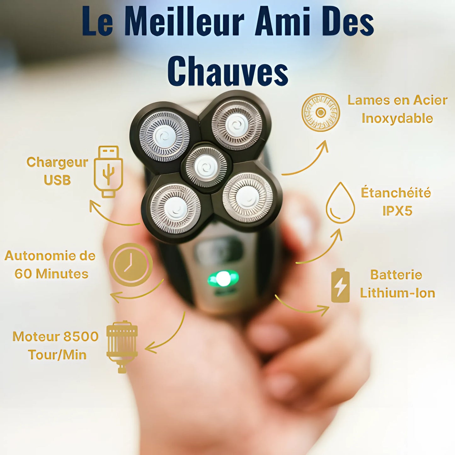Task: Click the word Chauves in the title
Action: pos(228,71)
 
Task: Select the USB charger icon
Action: pos(108,172)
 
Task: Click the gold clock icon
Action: pos(131,264)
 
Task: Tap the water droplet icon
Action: pos(340,203)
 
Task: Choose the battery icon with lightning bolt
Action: pos(340,285)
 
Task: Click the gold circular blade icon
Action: pos(321,112)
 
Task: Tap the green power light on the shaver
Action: pos(223,279)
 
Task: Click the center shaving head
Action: pos(206,167)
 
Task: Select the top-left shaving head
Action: pos(164,136)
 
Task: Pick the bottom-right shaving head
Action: pos(247,197)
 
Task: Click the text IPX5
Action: pos(397,211)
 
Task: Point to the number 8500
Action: pos(81,337)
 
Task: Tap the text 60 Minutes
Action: pos(51,274)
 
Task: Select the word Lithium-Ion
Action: pos(397,293)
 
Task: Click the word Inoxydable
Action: pos(397,118)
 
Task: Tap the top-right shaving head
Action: pos(237,125)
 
